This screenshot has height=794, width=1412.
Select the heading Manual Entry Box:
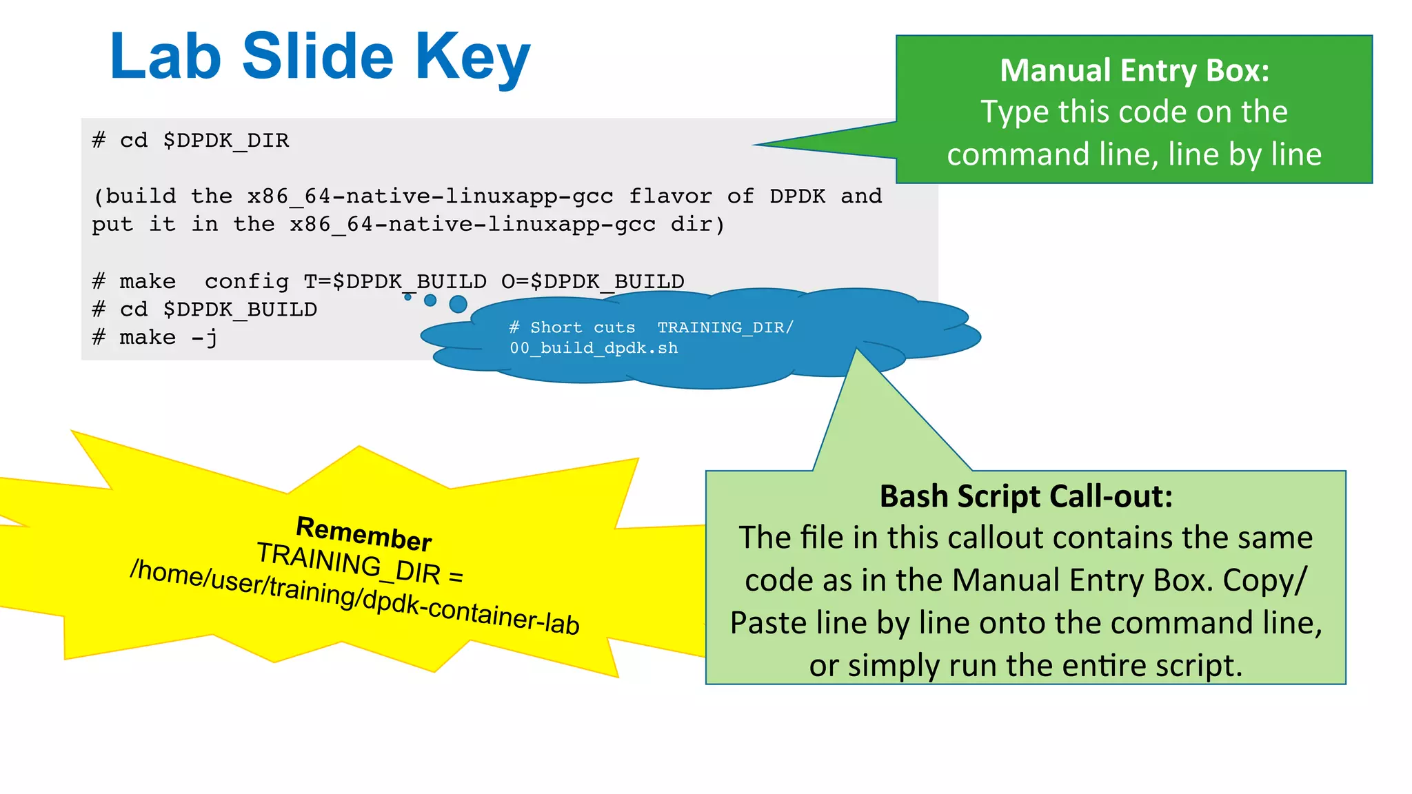(1134, 70)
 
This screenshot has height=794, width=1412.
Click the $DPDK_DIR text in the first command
(226, 141)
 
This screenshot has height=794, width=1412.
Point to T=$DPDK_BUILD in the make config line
(395, 281)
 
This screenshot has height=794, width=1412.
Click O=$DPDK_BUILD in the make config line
(593, 281)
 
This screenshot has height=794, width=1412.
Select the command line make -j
(155, 338)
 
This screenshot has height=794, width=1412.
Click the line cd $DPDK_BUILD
(205, 309)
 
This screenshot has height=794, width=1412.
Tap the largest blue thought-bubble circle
(458, 304)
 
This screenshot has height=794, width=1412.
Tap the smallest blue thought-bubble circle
(407, 297)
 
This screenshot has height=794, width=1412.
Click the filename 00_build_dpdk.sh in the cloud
(594, 348)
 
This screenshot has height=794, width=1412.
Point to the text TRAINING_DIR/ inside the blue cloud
(725, 327)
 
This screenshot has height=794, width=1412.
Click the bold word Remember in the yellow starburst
(363, 534)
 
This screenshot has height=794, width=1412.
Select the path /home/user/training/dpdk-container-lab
(354, 597)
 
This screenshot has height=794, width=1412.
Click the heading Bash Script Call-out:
(1026, 496)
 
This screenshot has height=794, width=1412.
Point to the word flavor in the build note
(670, 196)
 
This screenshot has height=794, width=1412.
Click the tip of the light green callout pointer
(856, 349)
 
